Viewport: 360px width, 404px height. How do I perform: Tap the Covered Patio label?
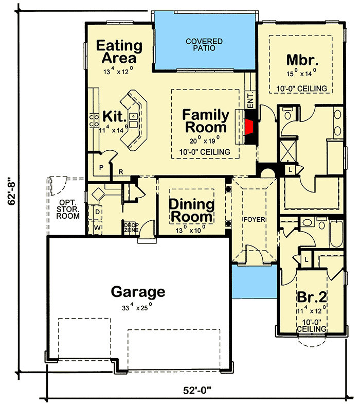coord(204,45)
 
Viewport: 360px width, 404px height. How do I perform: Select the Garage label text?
coord(138,292)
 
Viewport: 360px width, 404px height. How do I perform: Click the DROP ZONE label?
coord(129,226)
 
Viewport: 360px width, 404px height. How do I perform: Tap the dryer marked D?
coord(96,212)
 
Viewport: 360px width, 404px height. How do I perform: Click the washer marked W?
coord(96,226)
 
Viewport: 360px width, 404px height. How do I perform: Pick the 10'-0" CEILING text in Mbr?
coord(301,89)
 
